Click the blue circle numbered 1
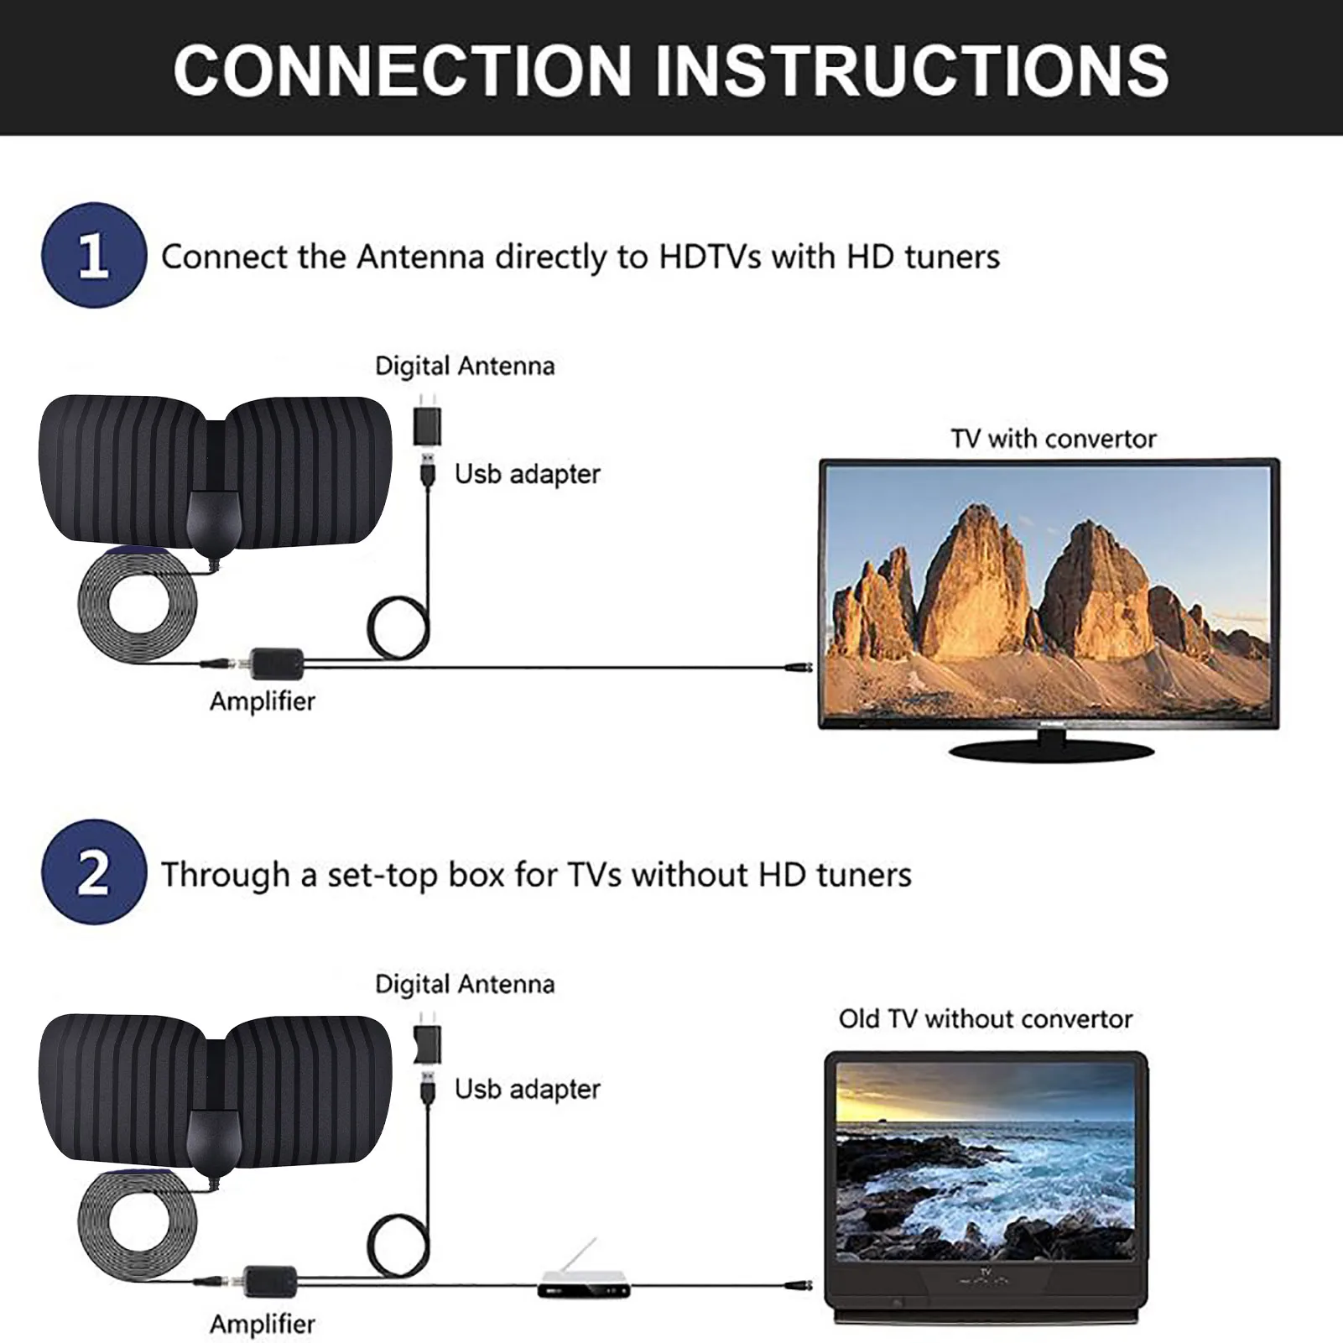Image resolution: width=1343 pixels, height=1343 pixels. (x=93, y=255)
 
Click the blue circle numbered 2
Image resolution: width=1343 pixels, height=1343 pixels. (x=93, y=872)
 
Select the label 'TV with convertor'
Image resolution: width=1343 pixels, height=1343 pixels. (x=1053, y=439)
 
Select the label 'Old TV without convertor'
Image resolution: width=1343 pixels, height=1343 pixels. (x=985, y=1019)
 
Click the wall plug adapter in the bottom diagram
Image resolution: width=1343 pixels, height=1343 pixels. (x=427, y=1043)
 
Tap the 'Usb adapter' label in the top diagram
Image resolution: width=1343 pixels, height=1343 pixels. (x=527, y=474)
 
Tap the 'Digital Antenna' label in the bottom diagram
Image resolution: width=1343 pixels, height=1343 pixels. (x=465, y=984)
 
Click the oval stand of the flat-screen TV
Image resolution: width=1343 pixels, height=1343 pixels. (x=1051, y=750)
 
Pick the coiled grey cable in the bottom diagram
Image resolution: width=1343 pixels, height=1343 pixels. (x=137, y=1221)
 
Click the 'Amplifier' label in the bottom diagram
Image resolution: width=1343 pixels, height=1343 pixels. (x=263, y=1324)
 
